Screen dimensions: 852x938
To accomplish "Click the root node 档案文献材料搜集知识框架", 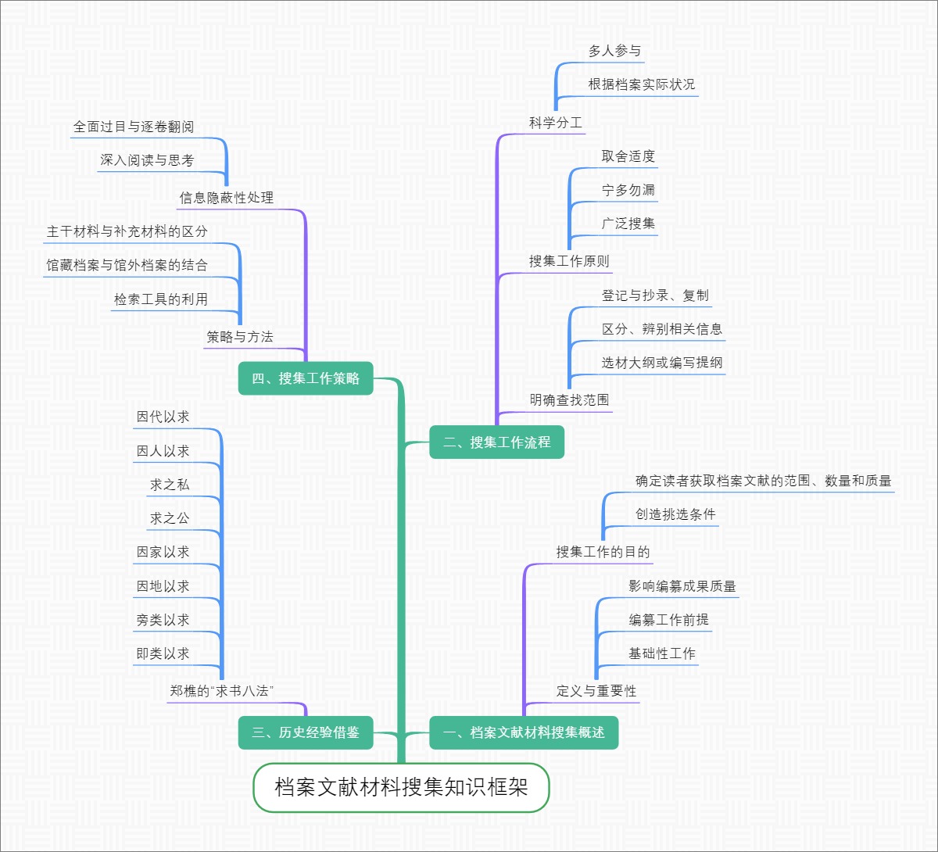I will pyautogui.click(x=401, y=787).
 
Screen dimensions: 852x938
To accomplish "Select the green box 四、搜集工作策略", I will pyautogui.click(x=306, y=378).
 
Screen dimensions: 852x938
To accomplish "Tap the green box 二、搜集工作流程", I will pyautogui.click(x=496, y=442).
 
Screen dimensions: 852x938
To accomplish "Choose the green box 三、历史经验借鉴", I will pyautogui.click(x=306, y=733).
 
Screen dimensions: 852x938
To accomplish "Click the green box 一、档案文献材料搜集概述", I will pyautogui.click(x=524, y=733).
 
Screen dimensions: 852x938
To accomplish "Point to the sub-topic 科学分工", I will pyautogui.click(x=555, y=123).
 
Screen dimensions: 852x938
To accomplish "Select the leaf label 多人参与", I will pyautogui.click(x=614, y=51).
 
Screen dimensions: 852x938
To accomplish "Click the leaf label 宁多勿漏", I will pyautogui.click(x=628, y=190).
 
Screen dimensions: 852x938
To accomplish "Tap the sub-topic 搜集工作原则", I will pyautogui.click(x=568, y=261).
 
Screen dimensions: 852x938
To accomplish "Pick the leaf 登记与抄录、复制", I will pyautogui.click(x=655, y=295).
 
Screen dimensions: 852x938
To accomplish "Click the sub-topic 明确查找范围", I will pyautogui.click(x=568, y=400).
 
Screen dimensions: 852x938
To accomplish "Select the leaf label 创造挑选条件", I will pyautogui.click(x=675, y=514).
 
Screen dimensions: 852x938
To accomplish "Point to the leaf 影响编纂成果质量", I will pyautogui.click(x=682, y=586).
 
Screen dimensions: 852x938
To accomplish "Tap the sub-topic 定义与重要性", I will pyautogui.click(x=596, y=691).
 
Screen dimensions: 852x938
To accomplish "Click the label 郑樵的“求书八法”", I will pyautogui.click(x=221, y=691).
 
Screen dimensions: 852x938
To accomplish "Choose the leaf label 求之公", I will pyautogui.click(x=170, y=518).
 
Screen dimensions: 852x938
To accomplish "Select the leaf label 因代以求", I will pyautogui.click(x=163, y=417).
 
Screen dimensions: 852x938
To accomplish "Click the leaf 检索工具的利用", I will pyautogui.click(x=161, y=299).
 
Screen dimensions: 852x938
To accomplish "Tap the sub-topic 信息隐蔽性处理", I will pyautogui.click(x=227, y=198).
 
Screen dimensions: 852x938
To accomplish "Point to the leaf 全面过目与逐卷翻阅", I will pyautogui.click(x=134, y=127).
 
